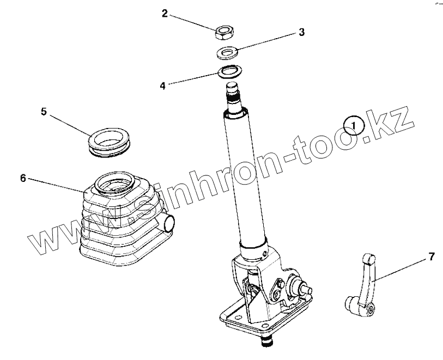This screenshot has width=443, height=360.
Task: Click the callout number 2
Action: pyautogui.click(x=165, y=13)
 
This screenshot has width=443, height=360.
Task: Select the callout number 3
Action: pyautogui.click(x=302, y=32)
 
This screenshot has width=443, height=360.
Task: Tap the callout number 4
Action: pyautogui.click(x=163, y=86)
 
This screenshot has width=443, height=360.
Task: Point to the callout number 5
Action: pyautogui.click(x=44, y=111)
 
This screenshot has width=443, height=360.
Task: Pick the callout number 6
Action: pyautogui.click(x=23, y=178)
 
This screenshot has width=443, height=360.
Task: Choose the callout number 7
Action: pyautogui.click(x=431, y=257)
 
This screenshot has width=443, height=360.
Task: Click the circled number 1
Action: pyautogui.click(x=354, y=125)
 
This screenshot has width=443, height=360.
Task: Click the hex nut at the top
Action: pyautogui.click(x=224, y=32)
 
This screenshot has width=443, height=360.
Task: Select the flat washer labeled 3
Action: pyautogui.click(x=227, y=53)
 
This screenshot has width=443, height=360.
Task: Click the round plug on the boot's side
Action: pyautogui.click(x=167, y=223)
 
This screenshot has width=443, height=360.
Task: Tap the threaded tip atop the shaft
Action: pyautogui.click(x=233, y=90)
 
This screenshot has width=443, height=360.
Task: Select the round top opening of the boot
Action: pyautogui.click(x=114, y=183)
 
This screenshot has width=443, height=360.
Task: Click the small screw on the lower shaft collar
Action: pyautogui.click(x=265, y=254)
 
